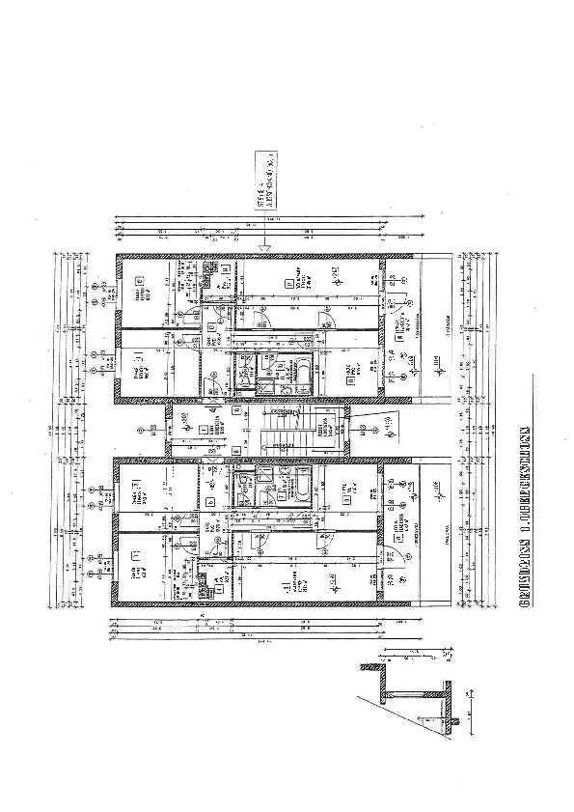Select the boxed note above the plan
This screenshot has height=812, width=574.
(264, 182)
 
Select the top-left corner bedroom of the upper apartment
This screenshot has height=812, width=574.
(144, 291)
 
